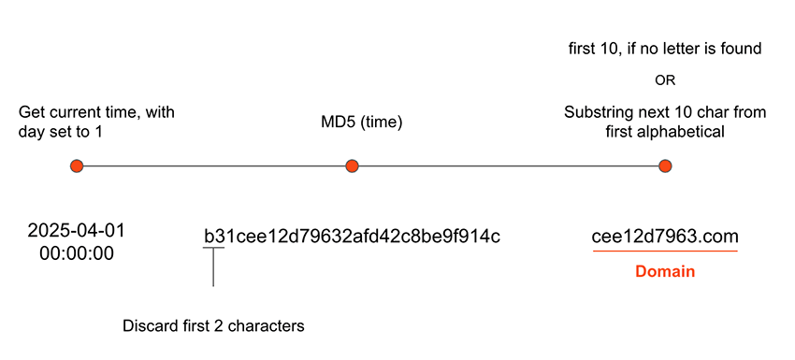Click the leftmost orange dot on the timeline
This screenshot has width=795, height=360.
[x=78, y=166]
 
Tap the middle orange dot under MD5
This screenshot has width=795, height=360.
[x=352, y=166]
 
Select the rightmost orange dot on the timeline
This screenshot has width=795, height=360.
[x=665, y=166]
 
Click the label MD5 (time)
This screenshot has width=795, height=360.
[x=352, y=122]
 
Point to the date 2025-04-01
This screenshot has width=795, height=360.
[x=77, y=230]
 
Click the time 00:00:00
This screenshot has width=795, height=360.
[x=77, y=252]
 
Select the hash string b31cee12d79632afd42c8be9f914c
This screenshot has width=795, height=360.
[x=352, y=236]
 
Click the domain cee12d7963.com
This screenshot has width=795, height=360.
[x=664, y=236]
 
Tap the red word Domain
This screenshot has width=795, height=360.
[x=664, y=272]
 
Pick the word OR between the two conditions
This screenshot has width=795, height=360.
[x=665, y=80]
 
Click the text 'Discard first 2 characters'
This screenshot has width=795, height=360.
[x=214, y=326]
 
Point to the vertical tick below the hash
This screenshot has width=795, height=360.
[x=213, y=267]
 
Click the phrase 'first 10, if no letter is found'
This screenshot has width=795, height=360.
[x=665, y=48]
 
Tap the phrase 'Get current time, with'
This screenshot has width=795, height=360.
[x=96, y=112]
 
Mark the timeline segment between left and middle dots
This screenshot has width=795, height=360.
[x=215, y=166]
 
